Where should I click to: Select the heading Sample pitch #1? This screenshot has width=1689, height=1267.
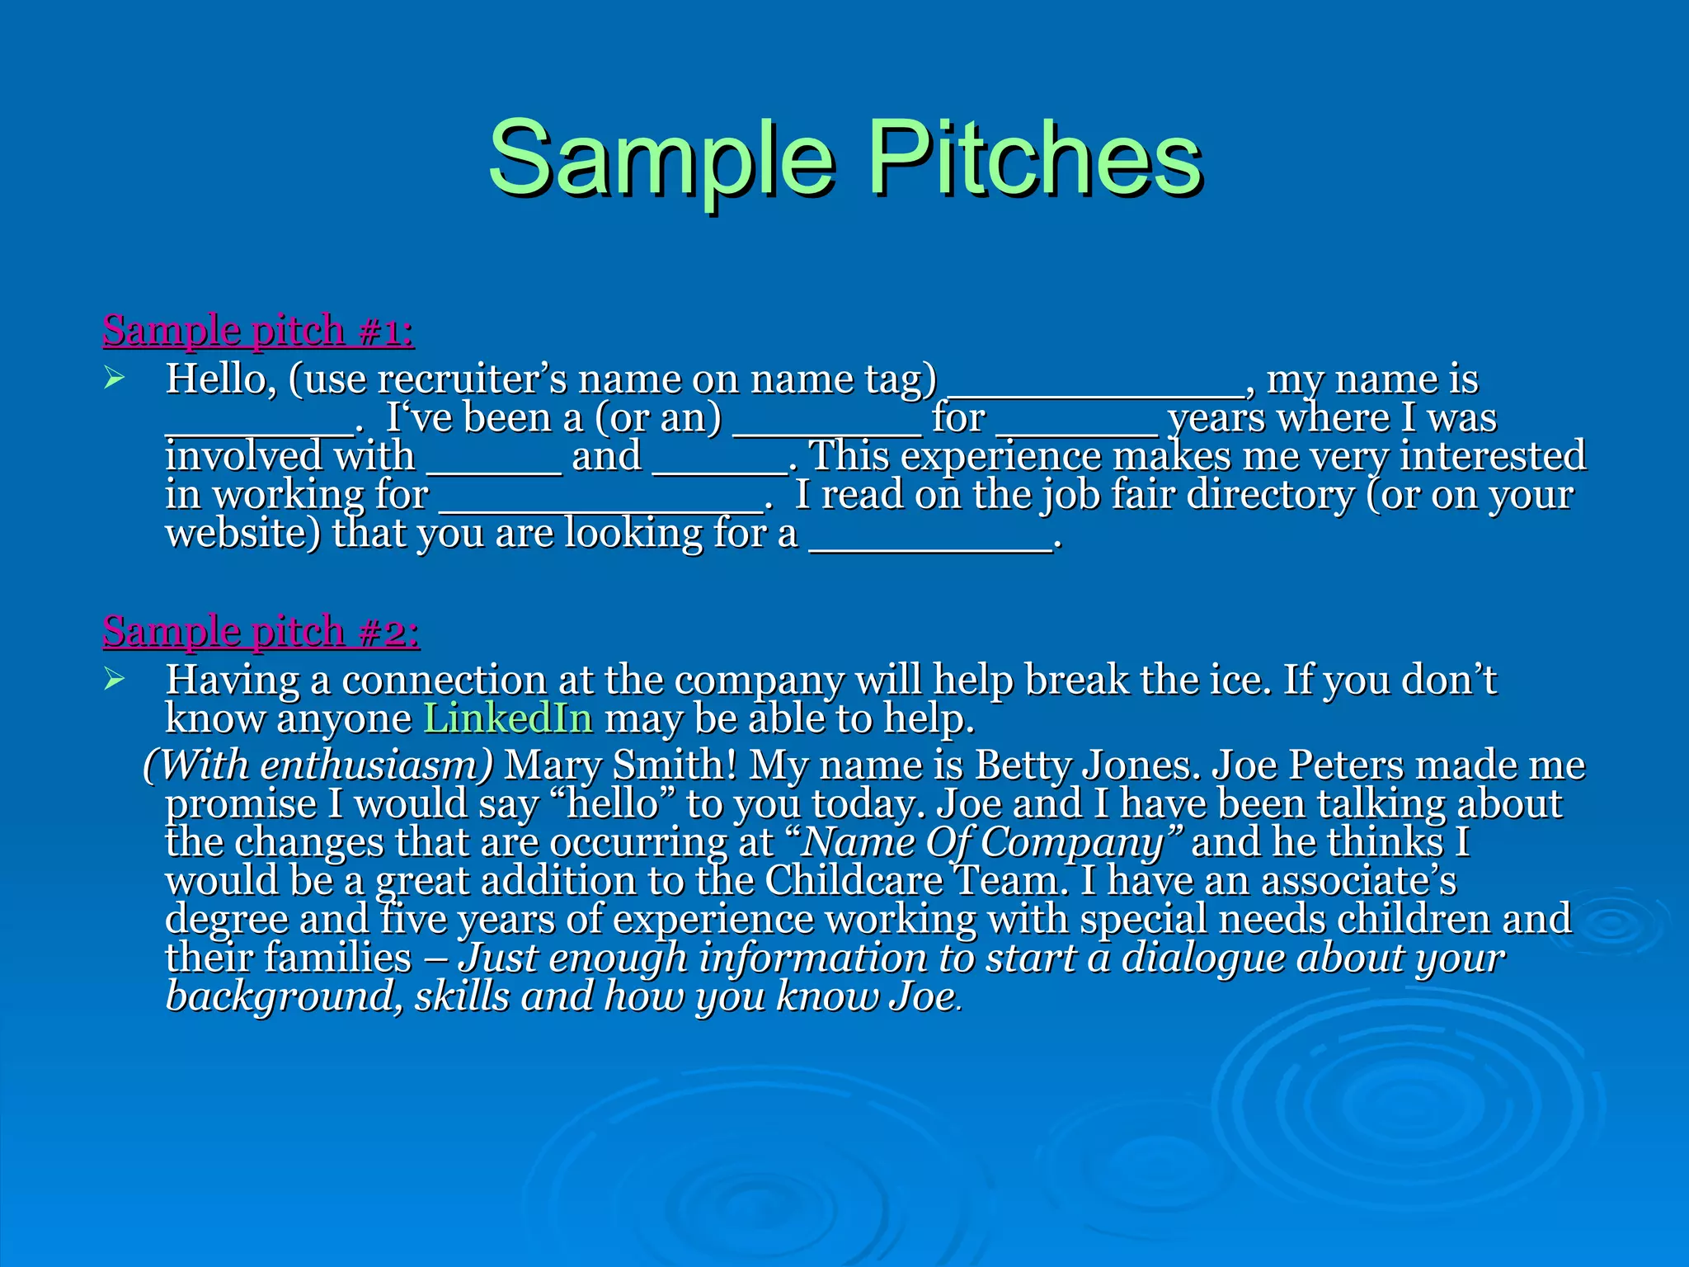[258, 331]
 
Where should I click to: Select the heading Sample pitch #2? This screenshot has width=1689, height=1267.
[261, 632]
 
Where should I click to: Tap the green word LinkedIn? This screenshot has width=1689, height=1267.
[508, 718]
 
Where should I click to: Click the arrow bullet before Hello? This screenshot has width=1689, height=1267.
[114, 379]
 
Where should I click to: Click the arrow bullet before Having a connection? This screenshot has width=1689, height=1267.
[114, 680]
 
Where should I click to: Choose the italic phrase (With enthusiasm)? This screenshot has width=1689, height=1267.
[318, 765]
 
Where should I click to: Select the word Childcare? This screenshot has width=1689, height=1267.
[854, 881]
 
